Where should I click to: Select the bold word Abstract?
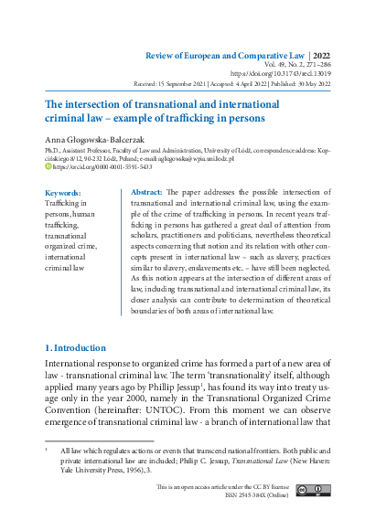pyautogui.click(x=147, y=193)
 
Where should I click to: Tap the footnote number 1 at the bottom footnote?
pyautogui.click(x=47, y=451)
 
